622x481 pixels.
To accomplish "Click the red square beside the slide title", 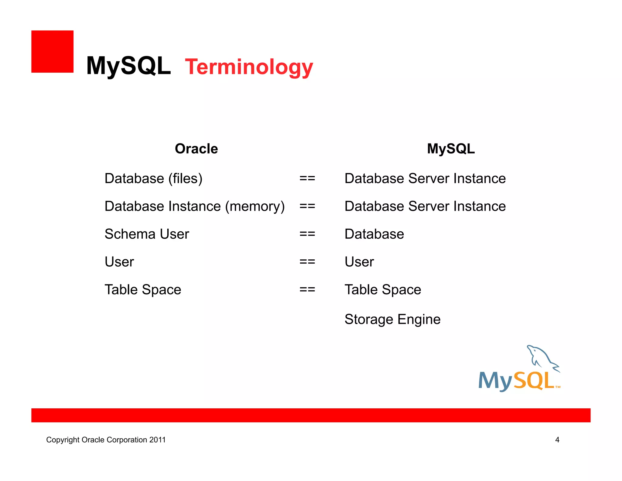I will [x=52, y=51].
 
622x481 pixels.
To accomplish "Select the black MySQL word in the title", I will [x=128, y=66].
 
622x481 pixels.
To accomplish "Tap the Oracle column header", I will [x=196, y=149].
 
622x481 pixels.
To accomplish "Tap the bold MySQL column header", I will [x=451, y=149].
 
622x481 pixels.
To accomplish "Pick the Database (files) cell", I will [x=153, y=178].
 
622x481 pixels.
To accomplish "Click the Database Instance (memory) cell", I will [x=194, y=206].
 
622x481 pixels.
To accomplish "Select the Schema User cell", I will [x=147, y=234].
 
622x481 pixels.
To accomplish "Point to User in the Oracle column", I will [x=119, y=262].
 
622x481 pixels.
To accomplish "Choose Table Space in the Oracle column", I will [x=143, y=290].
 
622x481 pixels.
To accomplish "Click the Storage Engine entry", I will [x=392, y=320].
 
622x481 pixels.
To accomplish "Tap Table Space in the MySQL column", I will [x=383, y=290].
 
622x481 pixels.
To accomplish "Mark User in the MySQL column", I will [x=359, y=262].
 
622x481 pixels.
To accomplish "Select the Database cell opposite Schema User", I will [x=374, y=234].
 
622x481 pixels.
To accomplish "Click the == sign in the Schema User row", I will [x=307, y=234].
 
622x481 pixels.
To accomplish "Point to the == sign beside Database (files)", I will [x=307, y=178].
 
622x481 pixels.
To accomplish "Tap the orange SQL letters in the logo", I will [x=534, y=381].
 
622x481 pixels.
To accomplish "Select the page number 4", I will [x=557, y=440].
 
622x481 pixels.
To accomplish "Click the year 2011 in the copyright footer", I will [x=157, y=440].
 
